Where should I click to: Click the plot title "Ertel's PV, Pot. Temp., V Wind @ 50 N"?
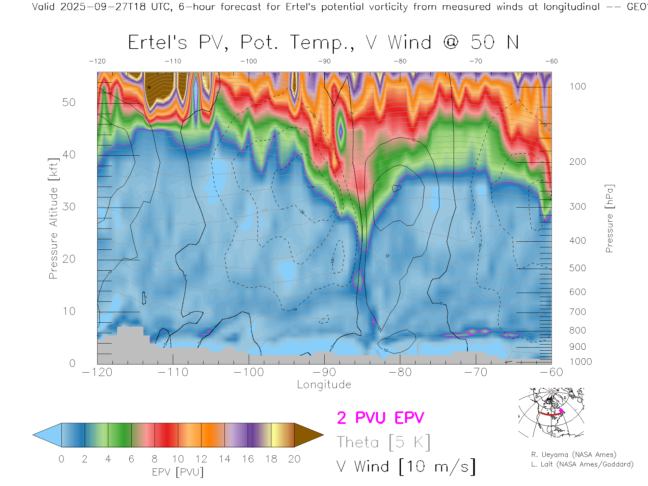[323, 43]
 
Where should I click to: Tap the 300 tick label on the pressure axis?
[577, 207]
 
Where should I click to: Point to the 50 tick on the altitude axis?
[69, 102]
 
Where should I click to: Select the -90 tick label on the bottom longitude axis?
[324, 372]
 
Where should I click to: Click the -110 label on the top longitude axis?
[173, 61]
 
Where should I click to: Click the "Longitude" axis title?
[324, 384]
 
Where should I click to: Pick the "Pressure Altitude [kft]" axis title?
[53, 218]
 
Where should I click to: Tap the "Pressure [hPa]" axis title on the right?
[609, 218]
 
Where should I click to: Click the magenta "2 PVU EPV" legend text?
[380, 418]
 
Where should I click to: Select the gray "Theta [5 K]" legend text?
[383, 442]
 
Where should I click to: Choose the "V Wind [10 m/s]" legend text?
[406, 466]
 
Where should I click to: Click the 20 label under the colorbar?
[294, 459]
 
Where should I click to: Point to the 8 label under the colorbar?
[155, 459]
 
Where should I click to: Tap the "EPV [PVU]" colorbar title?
[178, 472]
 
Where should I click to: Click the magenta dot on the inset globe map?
[561, 411]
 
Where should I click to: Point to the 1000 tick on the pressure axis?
[580, 362]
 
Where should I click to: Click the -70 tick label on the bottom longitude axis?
[476, 372]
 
